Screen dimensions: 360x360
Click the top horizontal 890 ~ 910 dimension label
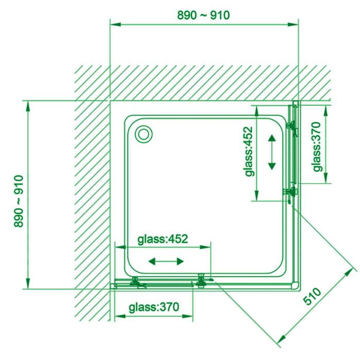pyautogui.click(x=204, y=15)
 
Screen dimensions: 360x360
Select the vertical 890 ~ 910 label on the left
pyautogui.click(x=19, y=201)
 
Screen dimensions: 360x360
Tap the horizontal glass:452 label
pyautogui.click(x=163, y=239)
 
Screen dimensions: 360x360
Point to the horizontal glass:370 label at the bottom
pyautogui.click(x=154, y=307)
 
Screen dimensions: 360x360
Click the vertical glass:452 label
pyautogui.click(x=248, y=152)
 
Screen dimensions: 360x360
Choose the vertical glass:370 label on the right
pyautogui.click(x=317, y=147)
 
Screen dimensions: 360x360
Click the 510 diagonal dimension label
pyautogui.click(x=313, y=296)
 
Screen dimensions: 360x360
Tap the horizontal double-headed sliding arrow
pyautogui.click(x=166, y=261)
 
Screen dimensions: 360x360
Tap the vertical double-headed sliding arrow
pyautogui.click(x=272, y=152)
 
